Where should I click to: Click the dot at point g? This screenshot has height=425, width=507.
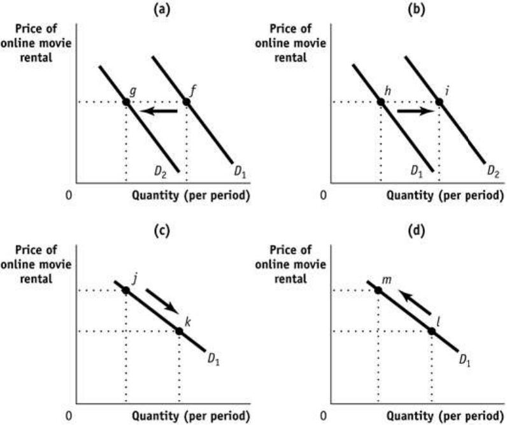click(x=126, y=102)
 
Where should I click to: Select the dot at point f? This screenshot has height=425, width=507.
click(x=186, y=102)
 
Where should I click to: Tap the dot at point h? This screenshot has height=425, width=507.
click(x=381, y=102)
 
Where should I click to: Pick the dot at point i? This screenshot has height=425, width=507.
click(x=439, y=102)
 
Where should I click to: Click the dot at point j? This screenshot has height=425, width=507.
click(x=125, y=291)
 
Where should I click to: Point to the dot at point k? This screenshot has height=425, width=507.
click(x=179, y=331)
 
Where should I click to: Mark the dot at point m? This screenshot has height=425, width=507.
click(x=378, y=291)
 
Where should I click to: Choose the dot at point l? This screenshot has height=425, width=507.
click(x=432, y=331)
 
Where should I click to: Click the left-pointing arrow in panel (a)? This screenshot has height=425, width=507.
click(x=159, y=112)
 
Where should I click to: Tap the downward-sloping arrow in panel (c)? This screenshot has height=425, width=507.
click(x=162, y=301)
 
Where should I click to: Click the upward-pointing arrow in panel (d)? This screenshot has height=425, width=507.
click(x=415, y=302)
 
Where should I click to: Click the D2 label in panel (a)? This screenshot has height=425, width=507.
click(x=161, y=173)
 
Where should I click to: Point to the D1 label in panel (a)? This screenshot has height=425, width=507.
click(x=240, y=173)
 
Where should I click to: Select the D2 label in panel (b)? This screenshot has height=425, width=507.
click(x=494, y=172)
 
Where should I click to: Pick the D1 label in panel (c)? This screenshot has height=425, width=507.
click(x=213, y=359)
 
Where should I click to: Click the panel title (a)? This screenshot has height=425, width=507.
click(x=162, y=10)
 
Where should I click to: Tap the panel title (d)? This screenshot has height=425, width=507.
click(x=417, y=231)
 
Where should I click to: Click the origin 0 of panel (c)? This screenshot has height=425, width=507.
click(x=69, y=415)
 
